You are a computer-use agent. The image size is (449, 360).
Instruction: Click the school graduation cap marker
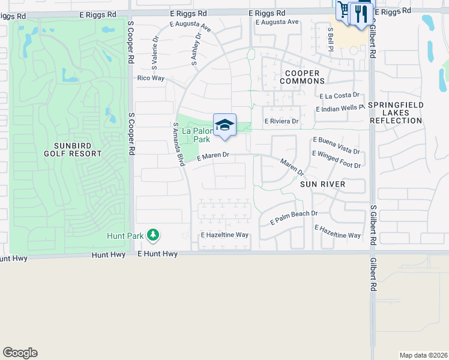pos(224,125)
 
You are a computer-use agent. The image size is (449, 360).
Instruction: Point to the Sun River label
pos(323,184)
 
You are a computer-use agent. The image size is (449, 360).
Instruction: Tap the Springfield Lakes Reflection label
pos(396,113)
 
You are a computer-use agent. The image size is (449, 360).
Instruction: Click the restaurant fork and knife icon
pos(361,13)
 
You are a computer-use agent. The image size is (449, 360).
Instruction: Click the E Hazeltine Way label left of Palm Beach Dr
pos(224,235)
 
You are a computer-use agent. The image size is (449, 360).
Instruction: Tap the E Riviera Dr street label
pos(282,121)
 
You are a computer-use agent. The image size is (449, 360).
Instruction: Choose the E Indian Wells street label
pos(340,109)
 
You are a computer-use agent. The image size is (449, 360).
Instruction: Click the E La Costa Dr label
pos(339,95)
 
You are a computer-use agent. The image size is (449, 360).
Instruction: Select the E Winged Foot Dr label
pos(336,160)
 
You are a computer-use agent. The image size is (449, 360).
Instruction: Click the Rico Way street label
pos(151,78)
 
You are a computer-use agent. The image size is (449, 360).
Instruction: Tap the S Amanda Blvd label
pos(179,144)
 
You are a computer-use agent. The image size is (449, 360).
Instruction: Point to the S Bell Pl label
pos(330,38)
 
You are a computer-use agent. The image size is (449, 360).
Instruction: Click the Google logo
pos(20,353)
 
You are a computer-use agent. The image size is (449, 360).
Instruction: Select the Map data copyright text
pos(423,355)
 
